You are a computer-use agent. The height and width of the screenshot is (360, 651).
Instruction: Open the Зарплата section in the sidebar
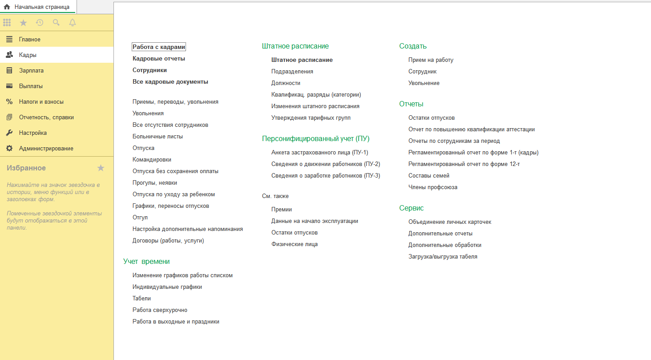31,70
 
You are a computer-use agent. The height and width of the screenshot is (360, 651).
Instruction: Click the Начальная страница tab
41,7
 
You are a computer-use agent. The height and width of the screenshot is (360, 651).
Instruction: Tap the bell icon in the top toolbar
73,23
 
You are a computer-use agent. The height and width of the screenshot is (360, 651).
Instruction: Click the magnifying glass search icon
56,23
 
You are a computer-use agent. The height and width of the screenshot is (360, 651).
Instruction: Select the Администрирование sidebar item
46,148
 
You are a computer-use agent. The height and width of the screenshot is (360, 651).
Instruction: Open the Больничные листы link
158,136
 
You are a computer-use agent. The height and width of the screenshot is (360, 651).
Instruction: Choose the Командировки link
152,159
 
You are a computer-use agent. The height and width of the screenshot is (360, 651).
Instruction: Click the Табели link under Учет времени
142,298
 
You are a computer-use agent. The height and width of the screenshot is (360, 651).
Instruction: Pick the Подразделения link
292,71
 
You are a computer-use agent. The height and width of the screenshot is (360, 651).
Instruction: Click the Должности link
286,83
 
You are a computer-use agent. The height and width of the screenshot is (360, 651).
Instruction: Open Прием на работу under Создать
431,60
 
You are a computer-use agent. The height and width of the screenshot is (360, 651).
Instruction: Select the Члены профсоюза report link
433,187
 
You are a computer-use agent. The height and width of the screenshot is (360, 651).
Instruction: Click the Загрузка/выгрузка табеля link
443,256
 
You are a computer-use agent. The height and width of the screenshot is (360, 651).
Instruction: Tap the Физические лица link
294,244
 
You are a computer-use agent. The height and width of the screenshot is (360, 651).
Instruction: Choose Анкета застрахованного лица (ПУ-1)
319,152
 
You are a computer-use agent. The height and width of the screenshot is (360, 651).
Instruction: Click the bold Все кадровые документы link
170,81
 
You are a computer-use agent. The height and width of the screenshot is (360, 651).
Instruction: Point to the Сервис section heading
411,208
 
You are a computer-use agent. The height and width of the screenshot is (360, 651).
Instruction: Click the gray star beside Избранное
101,168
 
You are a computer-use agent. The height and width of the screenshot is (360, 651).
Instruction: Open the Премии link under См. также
281,209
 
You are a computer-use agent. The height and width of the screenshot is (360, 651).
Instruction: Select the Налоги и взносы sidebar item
41,101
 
